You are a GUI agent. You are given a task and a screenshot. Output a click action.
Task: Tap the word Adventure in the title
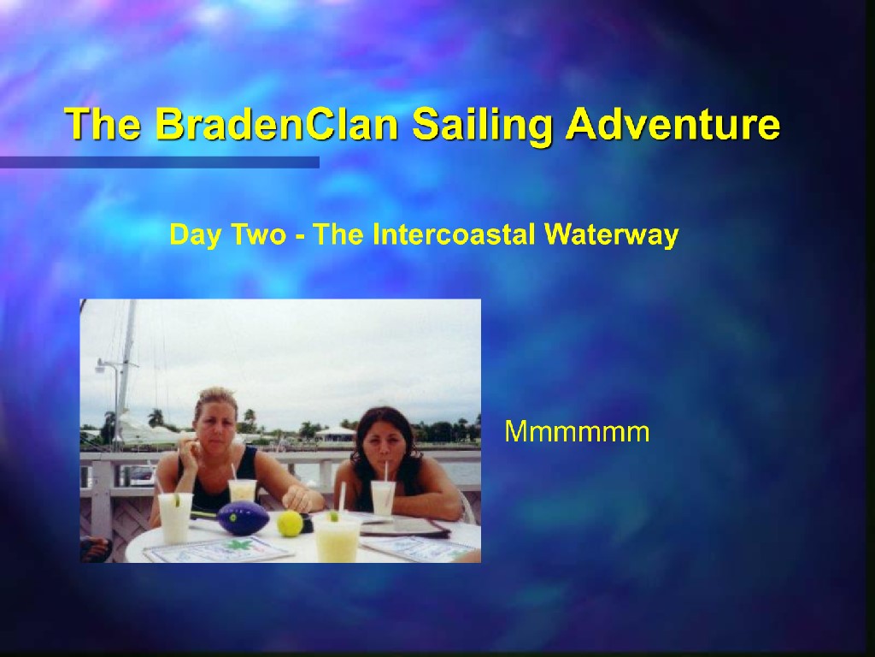point(673,123)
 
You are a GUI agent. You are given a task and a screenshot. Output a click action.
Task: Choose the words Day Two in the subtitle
point(227,235)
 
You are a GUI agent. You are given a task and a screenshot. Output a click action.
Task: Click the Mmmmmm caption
point(577,431)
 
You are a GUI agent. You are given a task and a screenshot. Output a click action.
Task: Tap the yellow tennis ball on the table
point(291,524)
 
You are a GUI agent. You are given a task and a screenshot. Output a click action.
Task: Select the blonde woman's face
point(214,431)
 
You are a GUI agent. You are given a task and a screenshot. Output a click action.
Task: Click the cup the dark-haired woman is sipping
point(384,497)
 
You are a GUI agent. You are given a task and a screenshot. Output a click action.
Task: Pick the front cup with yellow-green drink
point(336,537)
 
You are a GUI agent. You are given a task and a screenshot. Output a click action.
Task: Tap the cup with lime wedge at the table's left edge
point(175,517)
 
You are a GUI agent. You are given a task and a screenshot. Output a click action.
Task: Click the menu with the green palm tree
point(219,548)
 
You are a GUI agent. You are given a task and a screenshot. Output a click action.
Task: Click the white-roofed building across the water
point(335,434)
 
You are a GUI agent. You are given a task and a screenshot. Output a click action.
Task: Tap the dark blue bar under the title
point(160,163)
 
